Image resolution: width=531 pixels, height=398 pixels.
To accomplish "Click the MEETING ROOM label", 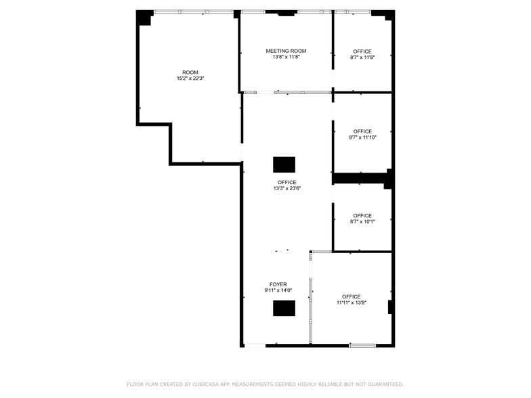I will (x=286, y=51).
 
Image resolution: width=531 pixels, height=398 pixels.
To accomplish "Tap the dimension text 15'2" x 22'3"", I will (x=190, y=79).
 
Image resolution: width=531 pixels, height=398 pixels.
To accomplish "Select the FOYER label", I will (x=278, y=284).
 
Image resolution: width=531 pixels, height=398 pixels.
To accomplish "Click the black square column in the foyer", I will (x=284, y=308).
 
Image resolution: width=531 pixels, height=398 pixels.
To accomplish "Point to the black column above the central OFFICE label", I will (x=284, y=164).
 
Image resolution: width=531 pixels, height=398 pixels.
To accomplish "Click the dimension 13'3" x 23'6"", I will (x=287, y=189).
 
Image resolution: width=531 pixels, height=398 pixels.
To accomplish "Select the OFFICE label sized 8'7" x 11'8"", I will (x=362, y=51).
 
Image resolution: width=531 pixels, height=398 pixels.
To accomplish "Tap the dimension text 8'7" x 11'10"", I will (x=362, y=137).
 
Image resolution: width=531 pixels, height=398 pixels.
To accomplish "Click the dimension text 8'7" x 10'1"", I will (x=362, y=222).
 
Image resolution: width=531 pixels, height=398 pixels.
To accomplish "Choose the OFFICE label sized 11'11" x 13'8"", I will (x=352, y=296).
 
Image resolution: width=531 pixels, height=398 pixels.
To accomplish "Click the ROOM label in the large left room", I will (x=190, y=72).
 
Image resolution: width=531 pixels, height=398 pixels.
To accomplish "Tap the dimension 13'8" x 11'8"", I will (x=286, y=58).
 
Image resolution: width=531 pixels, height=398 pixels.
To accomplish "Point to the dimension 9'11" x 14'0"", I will (x=278, y=290).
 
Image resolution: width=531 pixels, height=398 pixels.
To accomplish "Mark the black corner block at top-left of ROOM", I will (x=144, y=17).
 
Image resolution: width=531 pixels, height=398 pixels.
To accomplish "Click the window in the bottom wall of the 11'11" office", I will (x=362, y=346).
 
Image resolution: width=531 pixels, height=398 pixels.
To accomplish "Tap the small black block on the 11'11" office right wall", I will (x=390, y=307).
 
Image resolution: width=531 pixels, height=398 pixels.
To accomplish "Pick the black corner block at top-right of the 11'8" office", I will (x=386, y=15).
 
